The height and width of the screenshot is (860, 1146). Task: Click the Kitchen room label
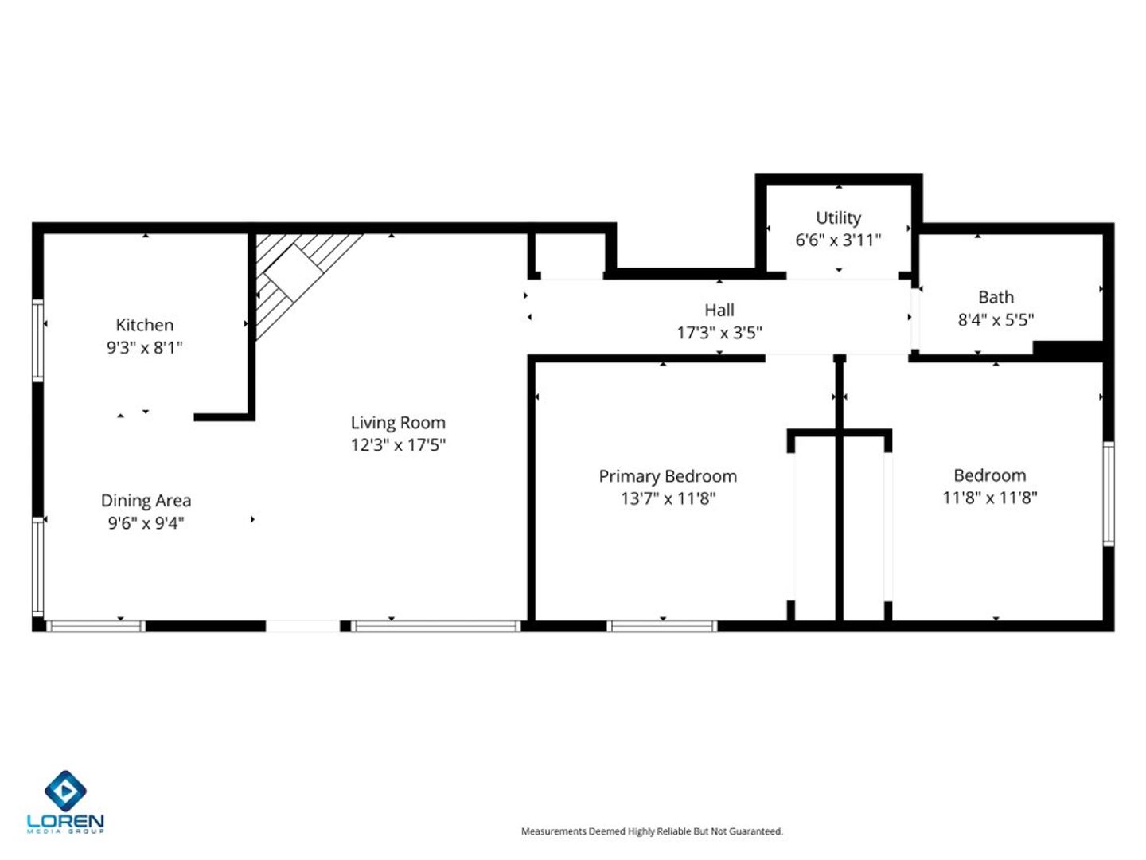point(145,326)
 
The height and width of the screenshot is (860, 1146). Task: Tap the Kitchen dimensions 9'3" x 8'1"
point(145,348)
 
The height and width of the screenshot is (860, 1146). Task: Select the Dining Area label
point(146,501)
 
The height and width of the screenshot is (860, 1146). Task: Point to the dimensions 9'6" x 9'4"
point(146,523)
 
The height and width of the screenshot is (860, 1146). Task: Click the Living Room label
point(398,423)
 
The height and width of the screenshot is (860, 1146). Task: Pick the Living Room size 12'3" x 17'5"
point(398,445)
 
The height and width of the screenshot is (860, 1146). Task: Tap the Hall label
point(719,311)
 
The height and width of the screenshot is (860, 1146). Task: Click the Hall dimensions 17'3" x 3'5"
point(719,333)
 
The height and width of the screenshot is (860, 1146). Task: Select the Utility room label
point(838,217)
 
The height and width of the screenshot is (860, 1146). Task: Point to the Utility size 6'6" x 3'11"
point(838,240)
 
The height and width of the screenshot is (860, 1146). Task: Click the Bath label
point(996,297)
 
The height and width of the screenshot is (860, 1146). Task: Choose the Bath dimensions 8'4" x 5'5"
point(996,319)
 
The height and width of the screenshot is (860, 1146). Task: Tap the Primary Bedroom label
point(668,476)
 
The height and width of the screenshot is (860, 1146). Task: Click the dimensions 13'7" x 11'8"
point(668,498)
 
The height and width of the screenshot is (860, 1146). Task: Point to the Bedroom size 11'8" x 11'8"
point(989,498)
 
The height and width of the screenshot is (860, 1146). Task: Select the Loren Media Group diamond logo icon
point(65,790)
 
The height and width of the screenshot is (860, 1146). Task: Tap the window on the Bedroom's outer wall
point(1108,494)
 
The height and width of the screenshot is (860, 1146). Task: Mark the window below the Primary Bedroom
point(661,626)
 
